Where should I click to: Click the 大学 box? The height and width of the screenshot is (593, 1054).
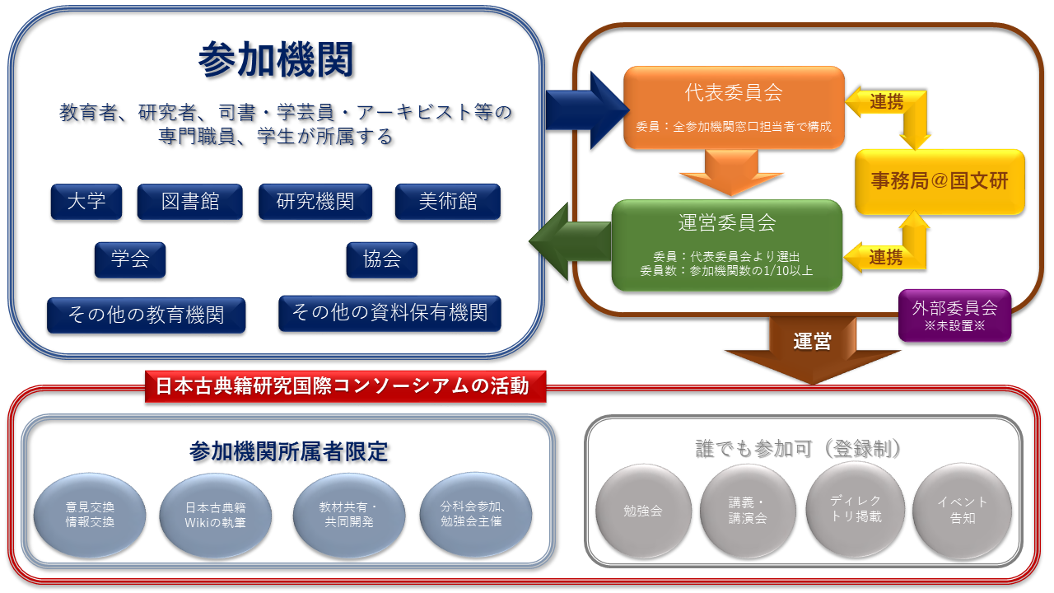pyautogui.click(x=86, y=202)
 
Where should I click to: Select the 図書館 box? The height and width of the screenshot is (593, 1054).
pyautogui.click(x=189, y=202)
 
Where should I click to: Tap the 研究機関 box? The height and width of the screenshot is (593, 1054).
pyautogui.click(x=315, y=202)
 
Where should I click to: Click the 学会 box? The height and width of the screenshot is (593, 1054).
pyautogui.click(x=130, y=259)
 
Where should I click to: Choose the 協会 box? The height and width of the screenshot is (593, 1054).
pyautogui.click(x=381, y=259)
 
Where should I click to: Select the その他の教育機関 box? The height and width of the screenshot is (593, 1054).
pyautogui.click(x=146, y=315)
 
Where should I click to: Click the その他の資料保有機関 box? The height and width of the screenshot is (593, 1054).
pyautogui.click(x=389, y=314)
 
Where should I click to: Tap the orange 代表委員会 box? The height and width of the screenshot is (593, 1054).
pyautogui.click(x=734, y=108)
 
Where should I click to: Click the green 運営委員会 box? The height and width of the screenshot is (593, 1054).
pyautogui.click(x=727, y=245)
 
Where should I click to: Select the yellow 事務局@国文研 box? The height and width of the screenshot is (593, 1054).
pyautogui.click(x=940, y=182)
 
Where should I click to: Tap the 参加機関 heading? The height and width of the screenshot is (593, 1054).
pyautogui.click(x=276, y=60)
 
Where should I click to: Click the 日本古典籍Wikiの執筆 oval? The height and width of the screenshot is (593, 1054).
pyautogui.click(x=215, y=515)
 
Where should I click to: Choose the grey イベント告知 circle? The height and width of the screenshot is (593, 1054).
pyautogui.click(x=962, y=511)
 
